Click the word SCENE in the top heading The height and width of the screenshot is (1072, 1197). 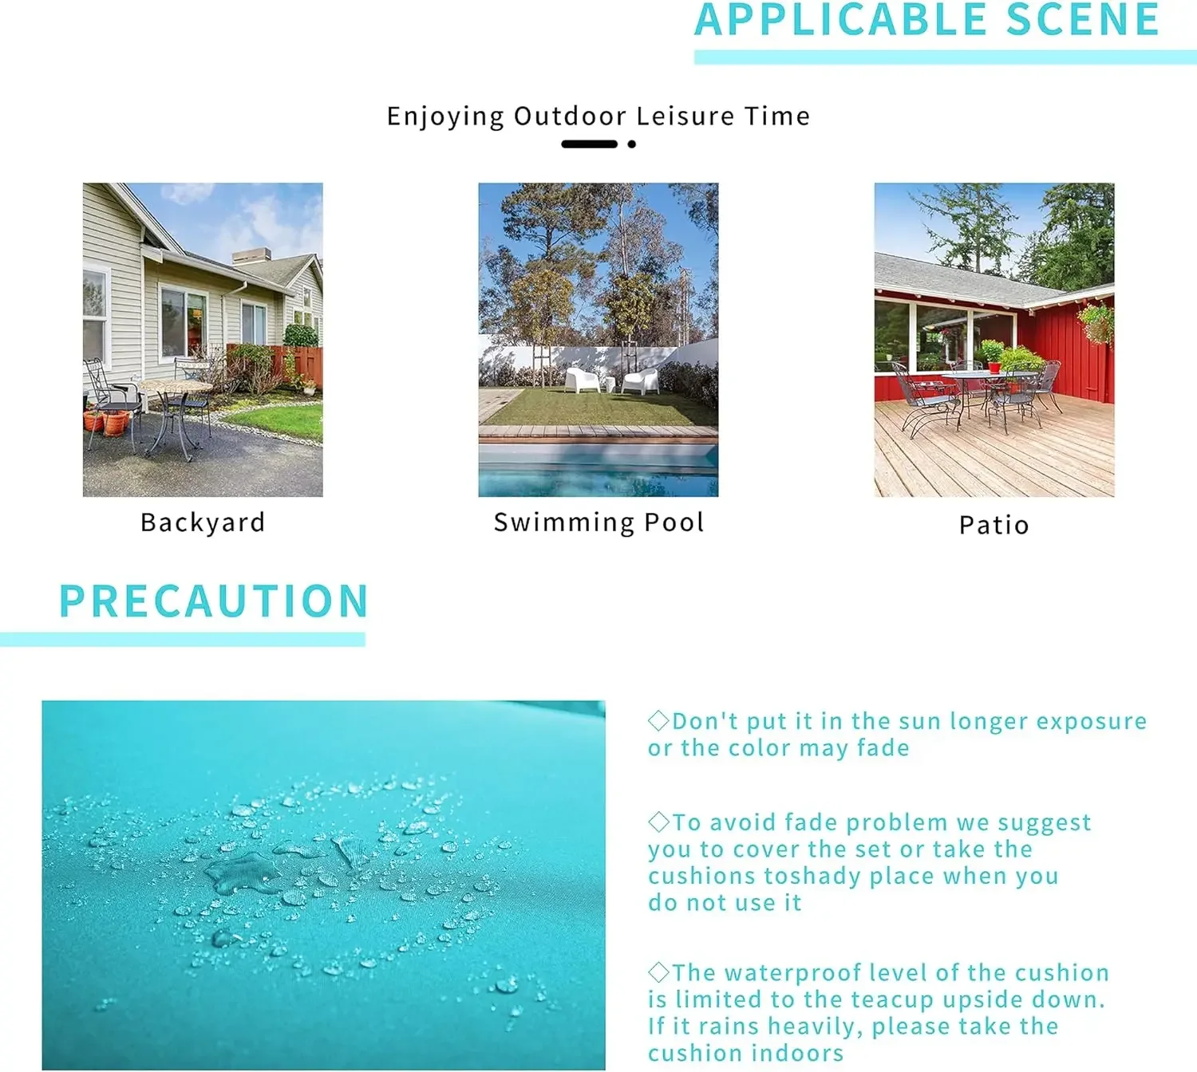pos(1082,19)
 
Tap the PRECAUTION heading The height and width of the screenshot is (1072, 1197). pos(214,601)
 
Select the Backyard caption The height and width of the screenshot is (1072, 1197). pos(203,523)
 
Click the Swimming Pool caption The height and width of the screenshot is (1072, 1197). pos(598,522)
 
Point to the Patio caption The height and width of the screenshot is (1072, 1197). pos(994,525)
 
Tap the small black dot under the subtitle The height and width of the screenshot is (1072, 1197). pos(631,144)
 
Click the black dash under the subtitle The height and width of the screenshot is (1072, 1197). pos(589,144)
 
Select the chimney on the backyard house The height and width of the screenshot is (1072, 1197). pos(251,256)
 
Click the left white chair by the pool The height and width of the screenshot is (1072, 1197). pos(582,379)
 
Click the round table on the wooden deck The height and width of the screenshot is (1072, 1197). pos(988,376)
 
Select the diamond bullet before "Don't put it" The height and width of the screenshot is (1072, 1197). pos(658,720)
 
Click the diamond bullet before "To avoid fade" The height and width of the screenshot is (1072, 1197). pos(658,822)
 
